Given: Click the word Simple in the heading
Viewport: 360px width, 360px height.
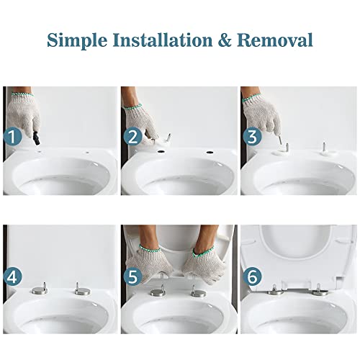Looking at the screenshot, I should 76,39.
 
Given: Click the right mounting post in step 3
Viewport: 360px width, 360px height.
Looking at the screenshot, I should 325,149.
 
